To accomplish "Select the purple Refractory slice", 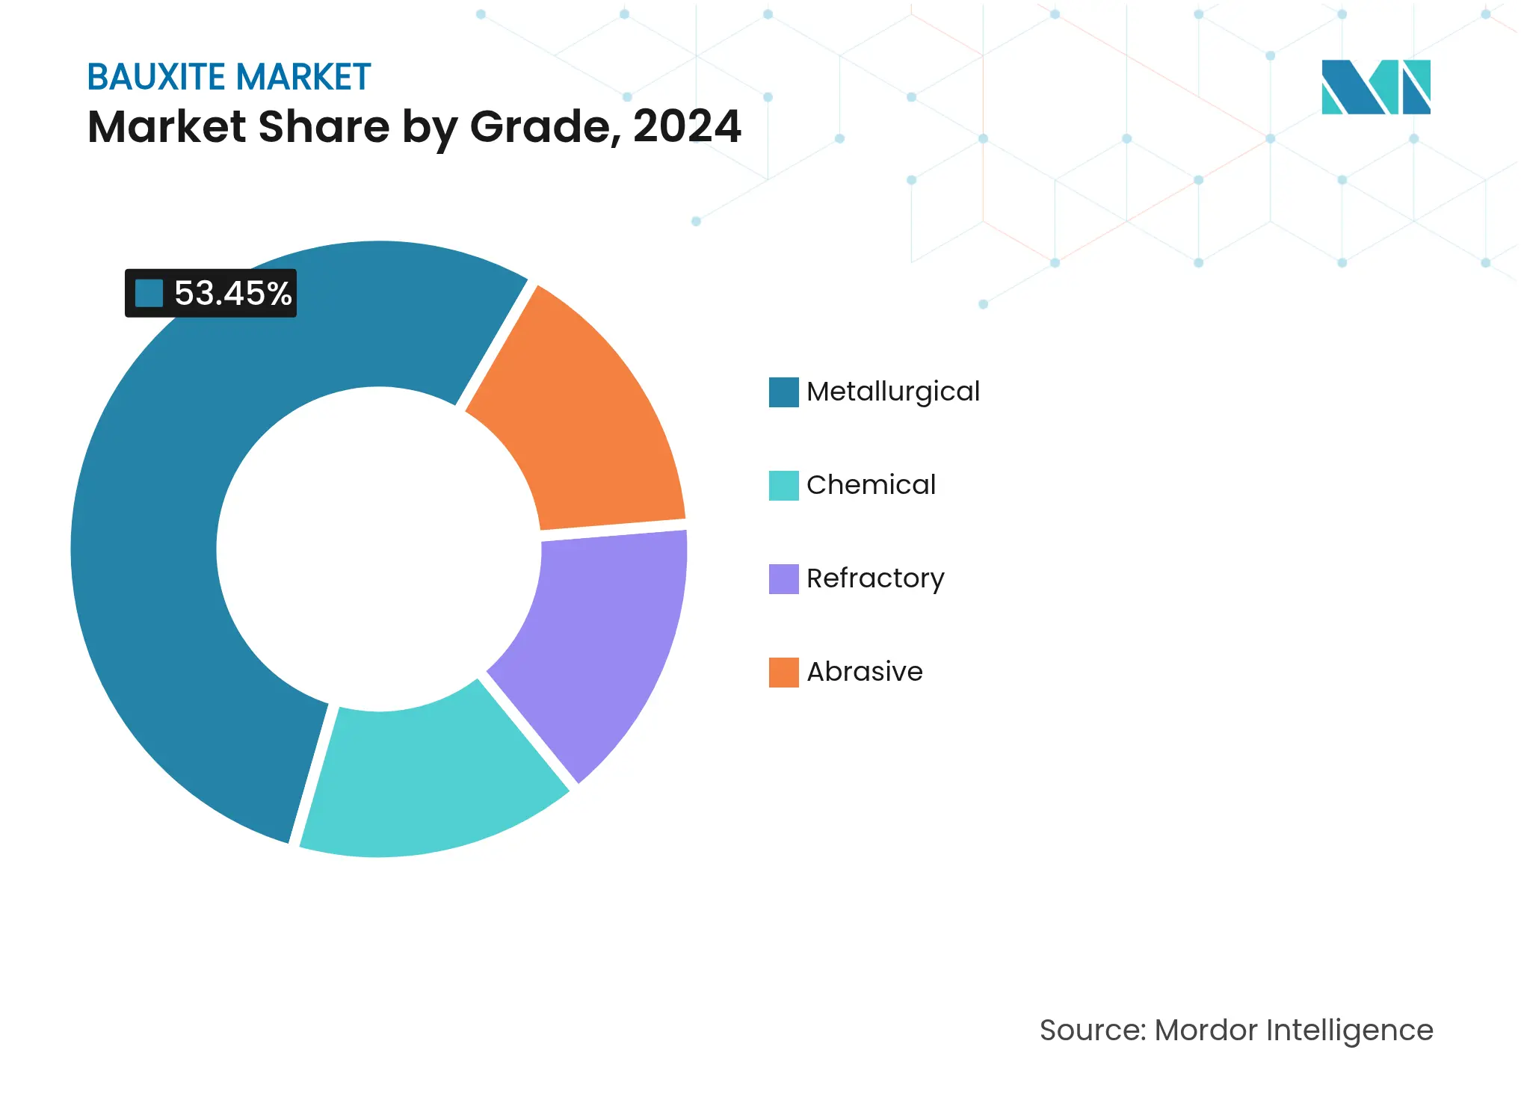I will [605, 635].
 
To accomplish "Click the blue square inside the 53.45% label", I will [149, 293].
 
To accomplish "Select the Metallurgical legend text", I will [892, 392].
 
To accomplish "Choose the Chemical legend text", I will [871, 485].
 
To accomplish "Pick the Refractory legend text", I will [875, 578].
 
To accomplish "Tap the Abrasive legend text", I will [865, 672].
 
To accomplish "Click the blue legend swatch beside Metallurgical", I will [783, 392].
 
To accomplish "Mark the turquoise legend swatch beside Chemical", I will [783, 486].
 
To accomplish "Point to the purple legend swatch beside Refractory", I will [783, 579].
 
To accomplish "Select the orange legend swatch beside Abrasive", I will [783, 673].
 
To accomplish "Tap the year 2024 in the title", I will [687, 126].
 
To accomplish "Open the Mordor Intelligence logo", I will [1375, 87].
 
